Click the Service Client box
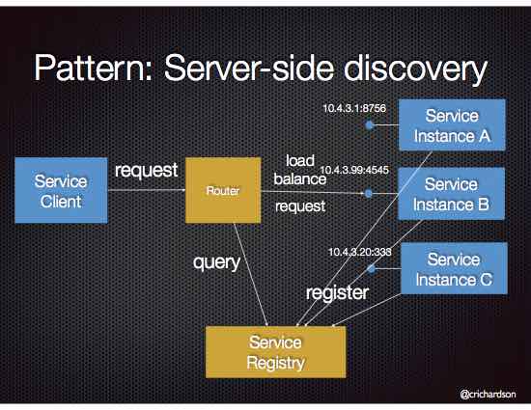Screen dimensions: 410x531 (59, 190)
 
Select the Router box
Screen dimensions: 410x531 (222, 192)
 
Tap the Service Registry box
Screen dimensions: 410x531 (275, 352)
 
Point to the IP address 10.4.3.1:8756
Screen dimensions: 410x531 (354, 108)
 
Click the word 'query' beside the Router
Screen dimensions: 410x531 (218, 261)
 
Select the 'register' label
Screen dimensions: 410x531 (337, 292)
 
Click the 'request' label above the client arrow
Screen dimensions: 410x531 (146, 171)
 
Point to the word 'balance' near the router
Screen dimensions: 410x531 (299, 178)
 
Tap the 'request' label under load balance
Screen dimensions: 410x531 (299, 205)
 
